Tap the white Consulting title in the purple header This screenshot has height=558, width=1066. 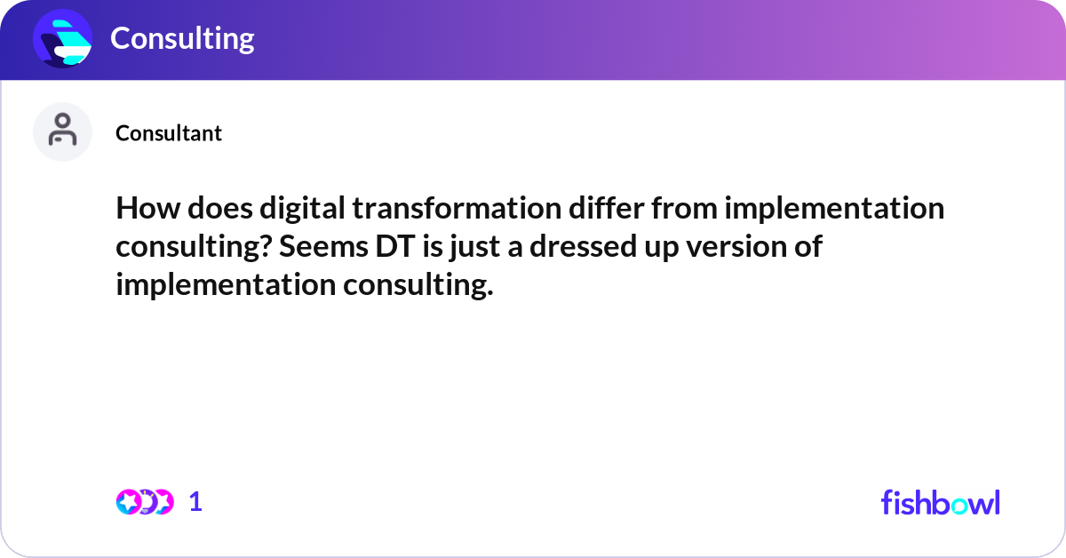pos(182,38)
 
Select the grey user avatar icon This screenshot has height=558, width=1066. pos(62,132)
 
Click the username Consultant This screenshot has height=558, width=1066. pos(169,133)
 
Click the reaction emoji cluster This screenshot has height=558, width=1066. pos(144,502)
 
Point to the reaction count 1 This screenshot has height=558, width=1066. pos(196,502)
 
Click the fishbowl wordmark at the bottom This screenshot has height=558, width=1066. pos(940,502)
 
